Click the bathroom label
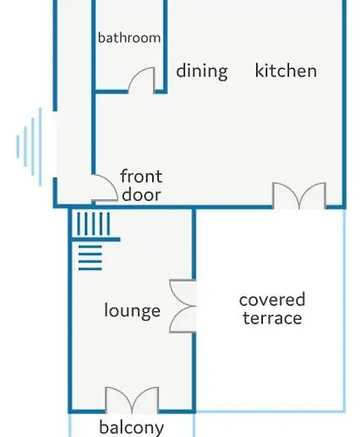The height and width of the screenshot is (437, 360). pos(129,38)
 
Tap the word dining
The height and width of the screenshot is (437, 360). pos(202,71)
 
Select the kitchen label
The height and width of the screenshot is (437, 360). pos(286,71)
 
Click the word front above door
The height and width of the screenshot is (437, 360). pos(142,177)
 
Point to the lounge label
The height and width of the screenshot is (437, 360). pos(132,311)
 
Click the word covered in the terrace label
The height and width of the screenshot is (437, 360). pos(272,300)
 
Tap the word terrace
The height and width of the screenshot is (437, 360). pos(273,317)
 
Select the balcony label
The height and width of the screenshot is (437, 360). pos(131,427)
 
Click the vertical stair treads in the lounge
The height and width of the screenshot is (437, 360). pos(93,224)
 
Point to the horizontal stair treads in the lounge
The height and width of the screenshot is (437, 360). pos(90,258)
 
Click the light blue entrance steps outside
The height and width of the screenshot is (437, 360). pos(29,147)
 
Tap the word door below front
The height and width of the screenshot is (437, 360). pos(142,194)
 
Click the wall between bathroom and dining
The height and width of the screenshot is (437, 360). pos(165,46)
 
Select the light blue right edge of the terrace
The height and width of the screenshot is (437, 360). pos(344,310)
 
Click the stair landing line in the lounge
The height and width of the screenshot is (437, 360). pos(95,239)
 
